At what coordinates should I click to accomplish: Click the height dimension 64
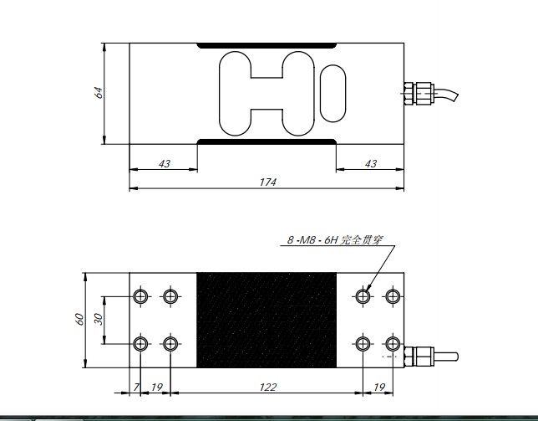[x=98, y=93]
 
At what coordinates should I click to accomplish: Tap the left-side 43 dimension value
[x=164, y=163]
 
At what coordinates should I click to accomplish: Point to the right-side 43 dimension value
[x=370, y=163]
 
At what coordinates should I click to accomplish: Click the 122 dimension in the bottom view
[x=266, y=387]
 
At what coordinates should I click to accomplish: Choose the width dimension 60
[x=79, y=319]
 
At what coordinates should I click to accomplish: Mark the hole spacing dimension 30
[x=98, y=319]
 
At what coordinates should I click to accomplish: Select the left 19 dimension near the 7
[x=156, y=387]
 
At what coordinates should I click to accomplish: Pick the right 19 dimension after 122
[x=378, y=387]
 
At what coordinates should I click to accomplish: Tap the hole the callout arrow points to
[x=363, y=295]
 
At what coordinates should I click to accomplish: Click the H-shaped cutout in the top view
[x=266, y=93]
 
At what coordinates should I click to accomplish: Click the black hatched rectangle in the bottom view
[x=266, y=320]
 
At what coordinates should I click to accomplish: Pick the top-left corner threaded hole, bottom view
[x=141, y=295]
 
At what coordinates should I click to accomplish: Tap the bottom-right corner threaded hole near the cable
[x=392, y=344]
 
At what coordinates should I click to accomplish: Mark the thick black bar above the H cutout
[x=266, y=45]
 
